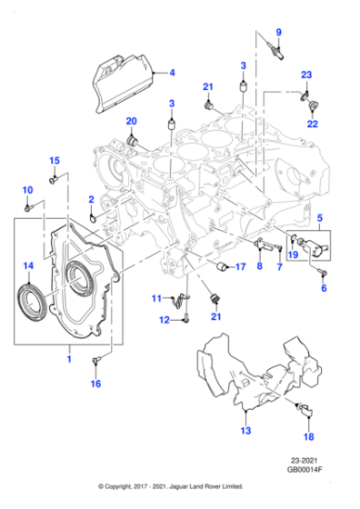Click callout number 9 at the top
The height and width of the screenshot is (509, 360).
pyautogui.click(x=279, y=34)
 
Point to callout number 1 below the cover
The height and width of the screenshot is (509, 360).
pyautogui.click(x=68, y=360)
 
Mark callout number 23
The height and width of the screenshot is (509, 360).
pyautogui.click(x=306, y=75)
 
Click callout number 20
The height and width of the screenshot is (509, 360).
pyautogui.click(x=131, y=121)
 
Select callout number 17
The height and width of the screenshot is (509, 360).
pyautogui.click(x=241, y=267)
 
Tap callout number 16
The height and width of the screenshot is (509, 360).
pyautogui.click(x=95, y=384)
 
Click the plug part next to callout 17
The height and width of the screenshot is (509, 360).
pyautogui.click(x=219, y=266)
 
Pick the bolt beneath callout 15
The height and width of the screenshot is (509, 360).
pyautogui.click(x=53, y=181)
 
